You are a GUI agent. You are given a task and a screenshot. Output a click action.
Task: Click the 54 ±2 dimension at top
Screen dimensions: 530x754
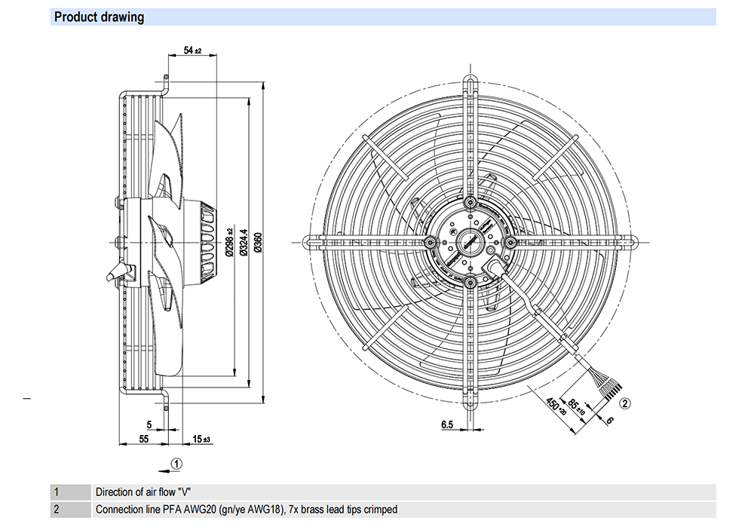pos(193,51)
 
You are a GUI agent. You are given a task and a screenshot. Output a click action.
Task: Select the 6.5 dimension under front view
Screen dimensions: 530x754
pos(446,425)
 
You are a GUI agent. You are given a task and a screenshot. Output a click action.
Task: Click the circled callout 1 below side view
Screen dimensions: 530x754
pos(176,463)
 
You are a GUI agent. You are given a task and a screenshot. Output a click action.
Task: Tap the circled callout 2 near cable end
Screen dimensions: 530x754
pos(625,403)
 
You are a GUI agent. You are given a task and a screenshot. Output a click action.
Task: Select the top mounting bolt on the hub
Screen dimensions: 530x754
pos(470,203)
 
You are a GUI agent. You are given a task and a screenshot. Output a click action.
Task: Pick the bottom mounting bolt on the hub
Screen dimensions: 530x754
pos(470,282)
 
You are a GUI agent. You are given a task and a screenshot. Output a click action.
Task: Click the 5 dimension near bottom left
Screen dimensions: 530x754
pos(149,425)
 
